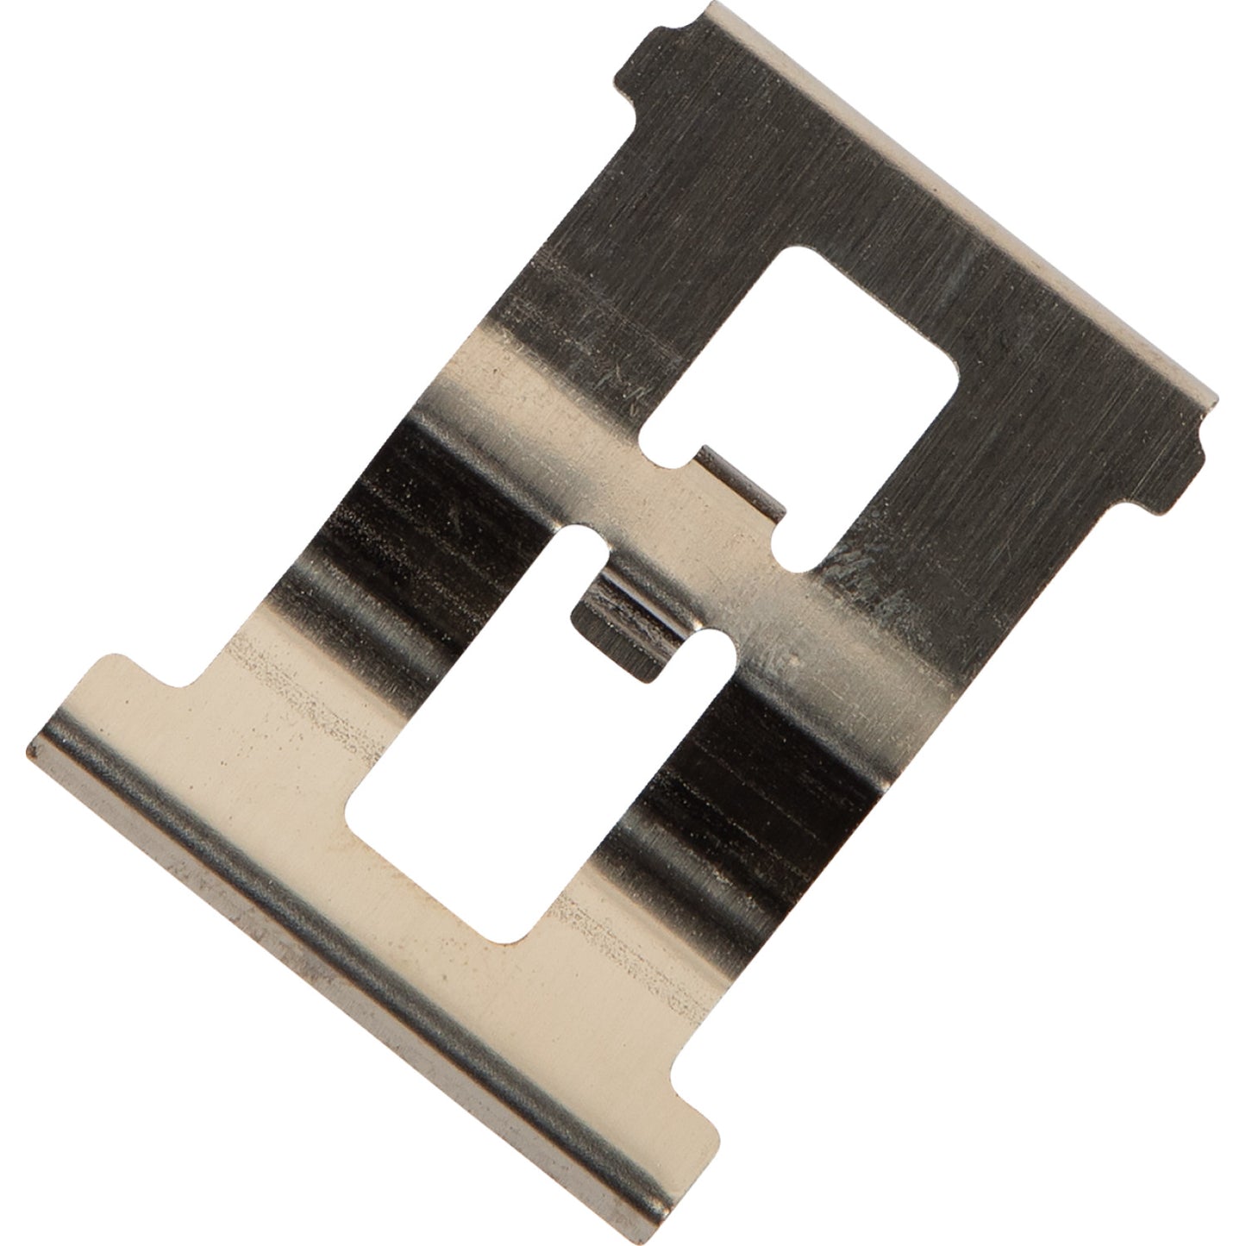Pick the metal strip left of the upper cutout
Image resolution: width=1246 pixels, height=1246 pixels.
(595, 285)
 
